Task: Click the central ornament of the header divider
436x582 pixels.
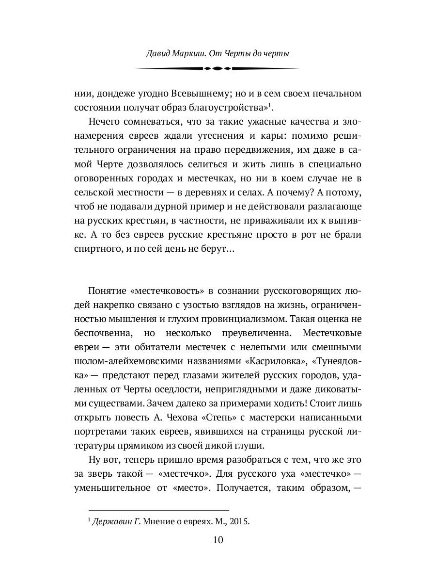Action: coord(218,69)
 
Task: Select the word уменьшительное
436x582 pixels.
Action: coord(112,488)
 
